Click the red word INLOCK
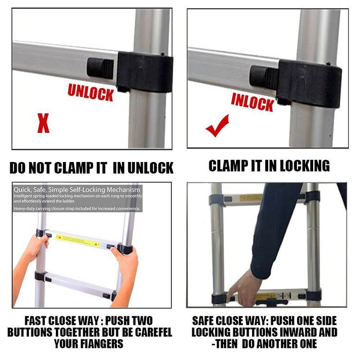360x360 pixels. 252,102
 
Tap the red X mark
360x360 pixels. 43,123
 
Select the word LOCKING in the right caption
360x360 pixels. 304,166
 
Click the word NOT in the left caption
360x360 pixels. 41,168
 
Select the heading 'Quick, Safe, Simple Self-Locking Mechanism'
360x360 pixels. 76,189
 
